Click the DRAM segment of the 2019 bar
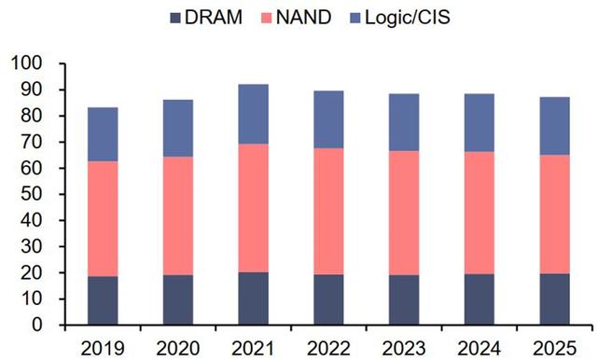tap(103, 300)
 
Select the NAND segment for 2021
tap(253, 208)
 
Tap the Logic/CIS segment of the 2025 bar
tap(555, 126)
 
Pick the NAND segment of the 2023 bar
tap(404, 213)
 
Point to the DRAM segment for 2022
tap(328, 299)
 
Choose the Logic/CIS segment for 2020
tap(178, 129)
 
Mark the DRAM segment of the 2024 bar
tap(479, 299)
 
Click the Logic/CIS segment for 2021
tap(253, 114)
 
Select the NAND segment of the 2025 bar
tap(555, 215)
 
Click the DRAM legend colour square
tap(175, 18)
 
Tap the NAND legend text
tap(304, 17)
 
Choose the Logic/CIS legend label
tap(408, 18)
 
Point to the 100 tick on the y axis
tap(27, 63)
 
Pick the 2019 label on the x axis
tap(103, 348)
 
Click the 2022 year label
tap(328, 348)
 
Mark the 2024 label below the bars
tap(479, 348)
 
